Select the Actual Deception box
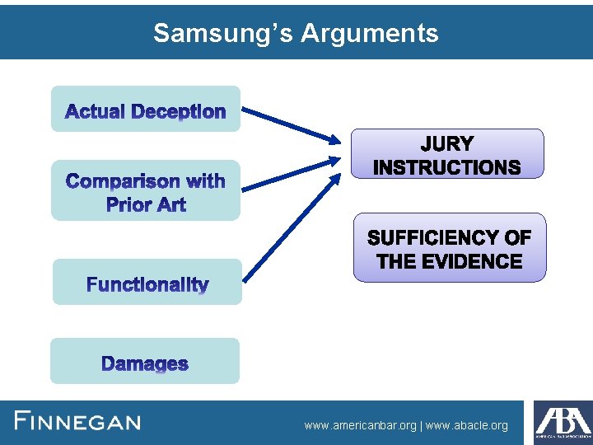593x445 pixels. pos(146,109)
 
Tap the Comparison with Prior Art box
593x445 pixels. pos(146,190)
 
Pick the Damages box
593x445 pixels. pos(145,361)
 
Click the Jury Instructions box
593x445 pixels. pos(447,153)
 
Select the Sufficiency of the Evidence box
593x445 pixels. pos(449,248)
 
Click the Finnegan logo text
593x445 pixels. pos(78,422)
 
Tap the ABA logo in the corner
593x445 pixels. pos(563,423)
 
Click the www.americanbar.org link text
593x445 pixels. pos(360,425)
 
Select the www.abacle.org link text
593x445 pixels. pos(467,425)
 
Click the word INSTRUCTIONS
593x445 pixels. pos(447,167)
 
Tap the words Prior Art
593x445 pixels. pos(146,204)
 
